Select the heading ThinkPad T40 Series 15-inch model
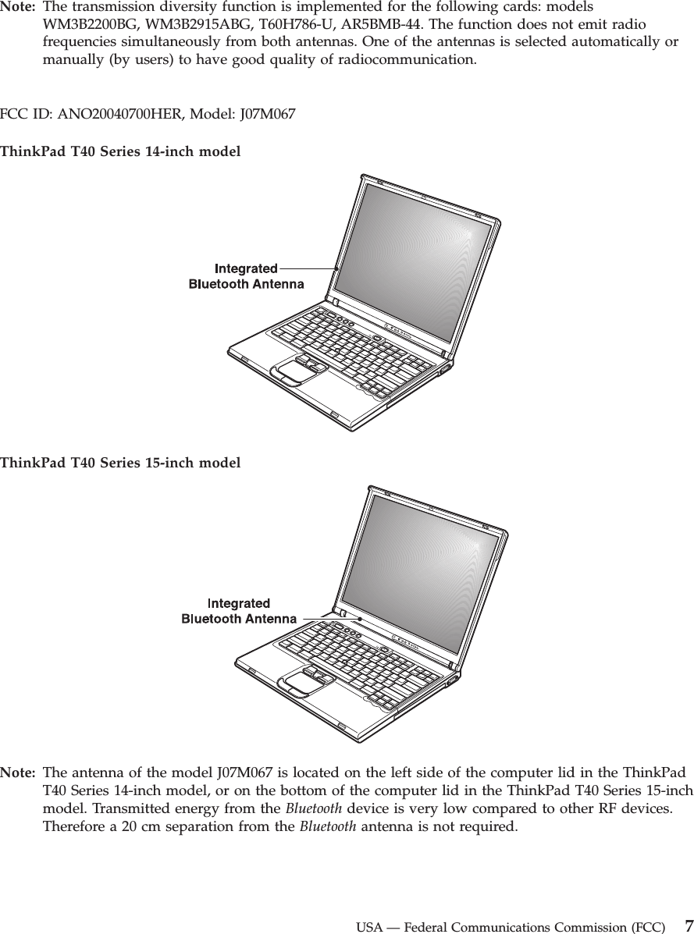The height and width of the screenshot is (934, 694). [x=120, y=463]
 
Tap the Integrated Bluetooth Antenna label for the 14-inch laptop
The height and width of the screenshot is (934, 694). [x=246, y=276]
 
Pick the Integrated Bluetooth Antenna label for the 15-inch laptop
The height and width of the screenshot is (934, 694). [x=239, y=611]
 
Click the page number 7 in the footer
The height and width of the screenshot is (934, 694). [x=687, y=926]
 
